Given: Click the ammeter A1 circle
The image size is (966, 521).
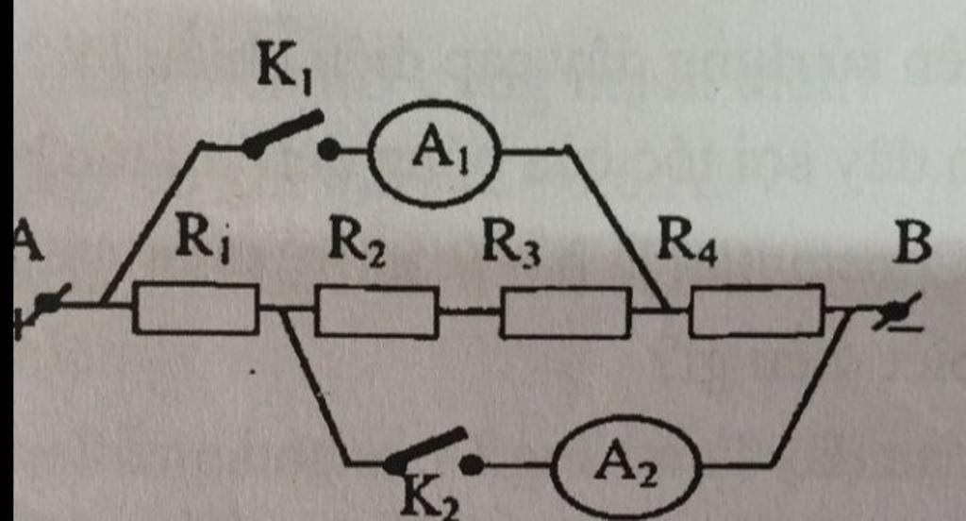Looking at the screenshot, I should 434,152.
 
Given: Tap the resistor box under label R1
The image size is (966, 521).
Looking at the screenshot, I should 195,309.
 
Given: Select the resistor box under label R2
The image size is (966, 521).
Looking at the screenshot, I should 375,312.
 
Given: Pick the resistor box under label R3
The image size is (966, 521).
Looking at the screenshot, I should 564,313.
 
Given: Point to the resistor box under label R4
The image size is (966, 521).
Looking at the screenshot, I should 757,311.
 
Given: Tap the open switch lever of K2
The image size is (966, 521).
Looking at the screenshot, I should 426,448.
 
